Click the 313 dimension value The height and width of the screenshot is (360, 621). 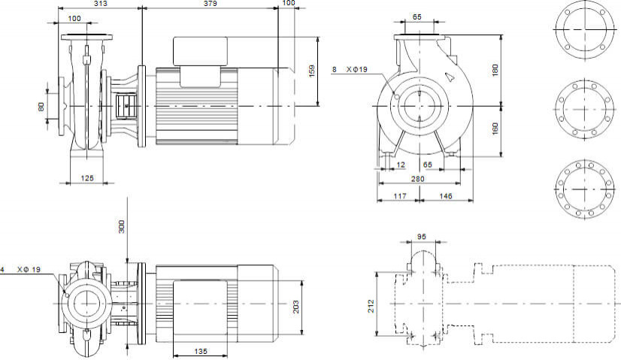click(x=99, y=4)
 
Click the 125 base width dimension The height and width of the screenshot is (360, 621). click(x=88, y=177)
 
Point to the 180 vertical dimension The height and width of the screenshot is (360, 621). click(x=495, y=69)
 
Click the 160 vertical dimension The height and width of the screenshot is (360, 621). click(x=495, y=129)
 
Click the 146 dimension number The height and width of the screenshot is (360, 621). click(x=445, y=195)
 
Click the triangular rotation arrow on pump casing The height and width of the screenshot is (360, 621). click(x=448, y=76)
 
